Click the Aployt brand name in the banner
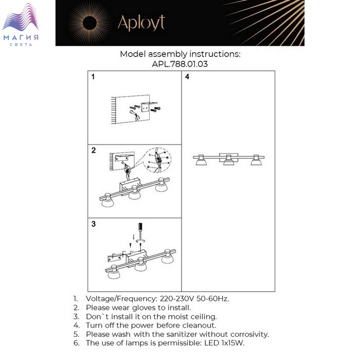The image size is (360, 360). coord(141,23)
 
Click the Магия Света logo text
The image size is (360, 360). coord(21,40)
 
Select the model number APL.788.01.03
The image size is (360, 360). coord(180,64)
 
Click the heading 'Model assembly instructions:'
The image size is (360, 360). coord(180,54)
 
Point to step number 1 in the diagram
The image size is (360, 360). coord(93,77)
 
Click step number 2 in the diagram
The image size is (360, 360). coord(94,151)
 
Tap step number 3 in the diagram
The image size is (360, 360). coord(94,224)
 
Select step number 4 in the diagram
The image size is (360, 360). coord(187,77)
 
